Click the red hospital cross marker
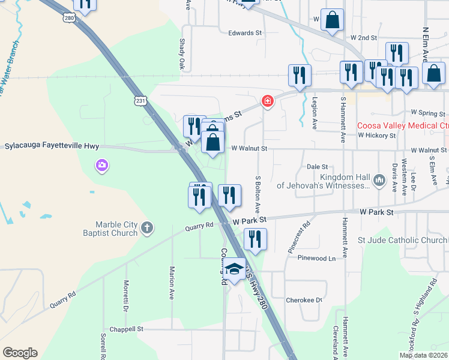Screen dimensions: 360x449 point(268,102)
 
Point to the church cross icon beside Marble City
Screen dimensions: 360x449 point(148,228)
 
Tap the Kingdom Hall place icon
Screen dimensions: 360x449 point(379,179)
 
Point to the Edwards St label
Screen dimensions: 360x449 point(245,33)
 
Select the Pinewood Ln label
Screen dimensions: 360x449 point(316,258)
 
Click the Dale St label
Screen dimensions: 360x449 point(317,167)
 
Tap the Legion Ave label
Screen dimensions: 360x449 point(314,113)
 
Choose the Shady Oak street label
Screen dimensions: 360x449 point(182,54)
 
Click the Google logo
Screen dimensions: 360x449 point(20,353)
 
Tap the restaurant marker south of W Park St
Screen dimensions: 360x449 point(255,239)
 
